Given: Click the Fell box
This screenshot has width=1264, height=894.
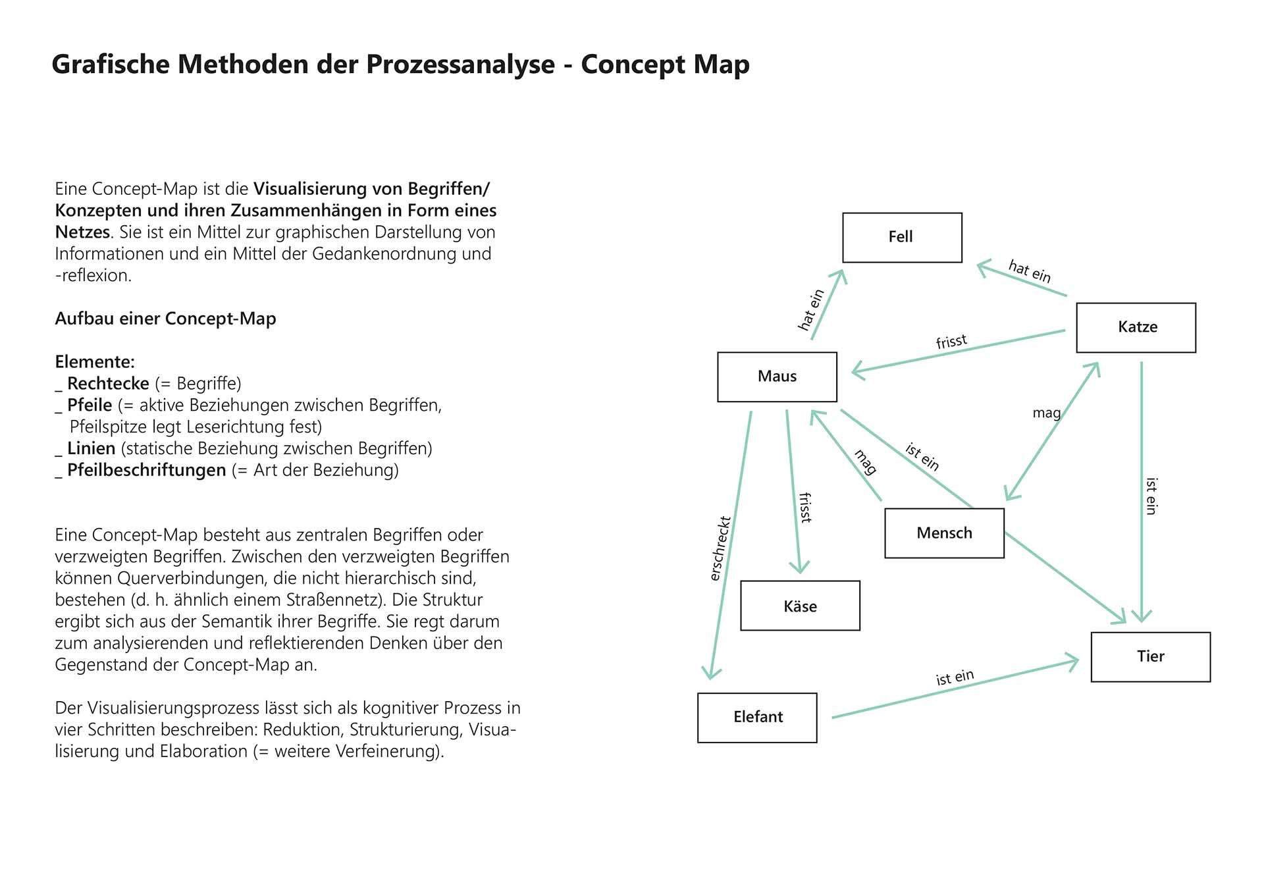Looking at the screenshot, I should click(902, 237).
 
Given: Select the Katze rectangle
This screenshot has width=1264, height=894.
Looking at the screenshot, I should click(1136, 327).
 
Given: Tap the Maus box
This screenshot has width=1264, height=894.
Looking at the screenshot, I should click(777, 377).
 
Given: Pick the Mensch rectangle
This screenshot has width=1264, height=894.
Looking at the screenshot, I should click(944, 533).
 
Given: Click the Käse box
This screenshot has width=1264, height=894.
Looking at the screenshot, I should click(800, 606).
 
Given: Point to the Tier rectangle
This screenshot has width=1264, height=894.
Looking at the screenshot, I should click(1150, 656).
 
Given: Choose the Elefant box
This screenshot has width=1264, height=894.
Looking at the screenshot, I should click(757, 717).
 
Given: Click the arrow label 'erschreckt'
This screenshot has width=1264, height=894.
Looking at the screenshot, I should click(720, 548).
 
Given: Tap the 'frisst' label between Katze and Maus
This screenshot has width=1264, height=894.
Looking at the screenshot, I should click(951, 341).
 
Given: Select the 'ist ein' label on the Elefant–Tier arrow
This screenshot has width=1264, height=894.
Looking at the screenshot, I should click(955, 677).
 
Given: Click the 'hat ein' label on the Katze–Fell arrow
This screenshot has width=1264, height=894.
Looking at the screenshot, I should click(1030, 271).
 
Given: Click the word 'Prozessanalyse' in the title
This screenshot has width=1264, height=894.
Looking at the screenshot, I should click(460, 65).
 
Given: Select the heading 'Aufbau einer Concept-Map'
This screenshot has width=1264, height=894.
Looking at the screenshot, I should click(165, 319).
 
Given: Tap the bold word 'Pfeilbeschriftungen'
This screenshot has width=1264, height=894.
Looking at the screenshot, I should click(146, 470).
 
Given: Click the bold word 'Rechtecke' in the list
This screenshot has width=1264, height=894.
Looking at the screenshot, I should click(108, 383).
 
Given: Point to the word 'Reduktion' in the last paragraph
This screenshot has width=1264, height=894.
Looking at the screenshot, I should click(302, 729).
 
